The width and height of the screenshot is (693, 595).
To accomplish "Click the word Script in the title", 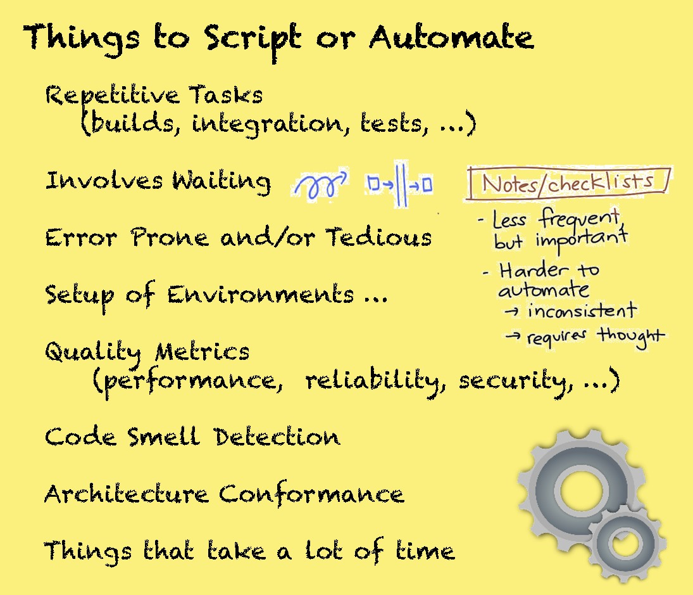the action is tap(253, 39).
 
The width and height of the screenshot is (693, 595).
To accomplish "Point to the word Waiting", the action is tap(221, 181).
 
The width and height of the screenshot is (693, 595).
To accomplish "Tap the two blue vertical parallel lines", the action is tap(401, 184).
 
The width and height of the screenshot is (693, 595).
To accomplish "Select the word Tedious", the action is tap(378, 237).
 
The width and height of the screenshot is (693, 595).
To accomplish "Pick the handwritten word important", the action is tap(582, 241).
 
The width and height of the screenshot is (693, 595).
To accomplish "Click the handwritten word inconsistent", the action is tap(582, 310).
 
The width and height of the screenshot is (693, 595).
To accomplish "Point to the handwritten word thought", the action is tap(631, 337).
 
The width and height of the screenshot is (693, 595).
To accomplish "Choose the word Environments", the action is tap(260, 295).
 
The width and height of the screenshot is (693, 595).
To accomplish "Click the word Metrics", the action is tap(202, 352).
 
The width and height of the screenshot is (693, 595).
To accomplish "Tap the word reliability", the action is tap(375, 381).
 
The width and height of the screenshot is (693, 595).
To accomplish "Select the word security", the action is tap(516, 381).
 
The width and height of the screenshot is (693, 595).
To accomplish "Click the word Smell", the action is tap(163, 437).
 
